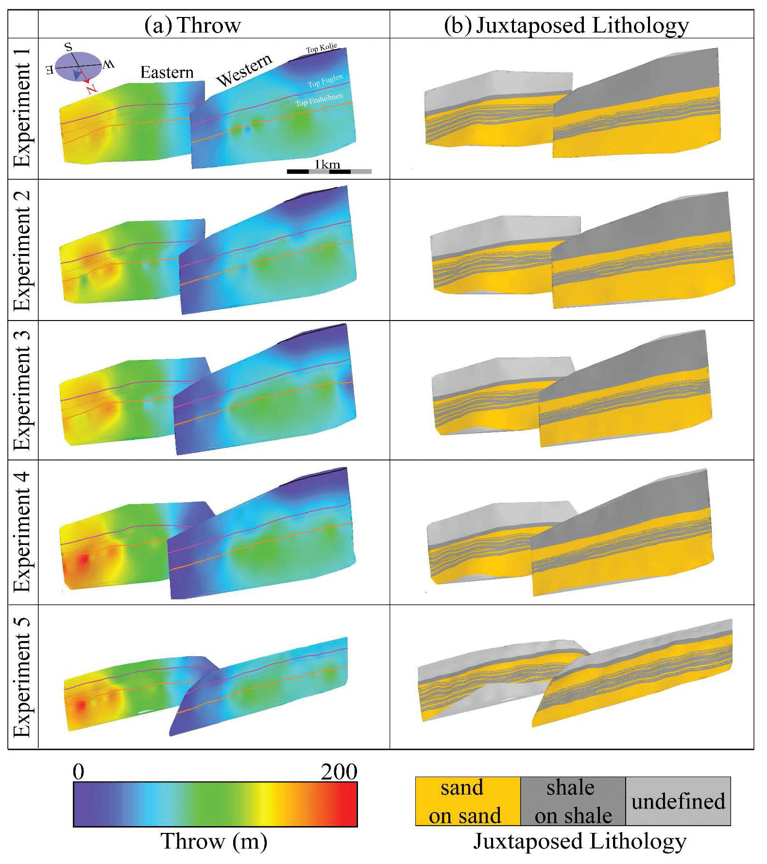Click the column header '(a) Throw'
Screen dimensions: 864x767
[x=192, y=25]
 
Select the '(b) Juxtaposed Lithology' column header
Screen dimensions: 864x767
[x=566, y=25]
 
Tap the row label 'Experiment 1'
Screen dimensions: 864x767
[x=22, y=108]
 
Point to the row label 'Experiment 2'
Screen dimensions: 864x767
[x=22, y=251]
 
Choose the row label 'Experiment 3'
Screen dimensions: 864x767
[x=22, y=390]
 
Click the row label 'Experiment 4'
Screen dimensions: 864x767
[x=22, y=532]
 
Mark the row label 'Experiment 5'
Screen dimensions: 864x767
[x=22, y=677]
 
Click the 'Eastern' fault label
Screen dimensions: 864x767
[x=167, y=73]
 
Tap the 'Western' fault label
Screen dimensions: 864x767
[x=244, y=71]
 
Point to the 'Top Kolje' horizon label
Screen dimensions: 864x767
[x=321, y=48]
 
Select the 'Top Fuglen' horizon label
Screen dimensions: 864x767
[x=325, y=81]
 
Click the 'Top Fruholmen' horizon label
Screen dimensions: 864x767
[x=319, y=100]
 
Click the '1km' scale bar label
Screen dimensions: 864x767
[x=327, y=164]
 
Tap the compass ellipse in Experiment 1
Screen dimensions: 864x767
[x=78, y=66]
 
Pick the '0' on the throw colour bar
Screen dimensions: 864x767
[x=78, y=772]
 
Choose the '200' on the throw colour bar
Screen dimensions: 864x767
[x=339, y=772]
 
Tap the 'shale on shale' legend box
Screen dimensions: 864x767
[x=573, y=801]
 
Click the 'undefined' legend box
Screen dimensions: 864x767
[x=678, y=801]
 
